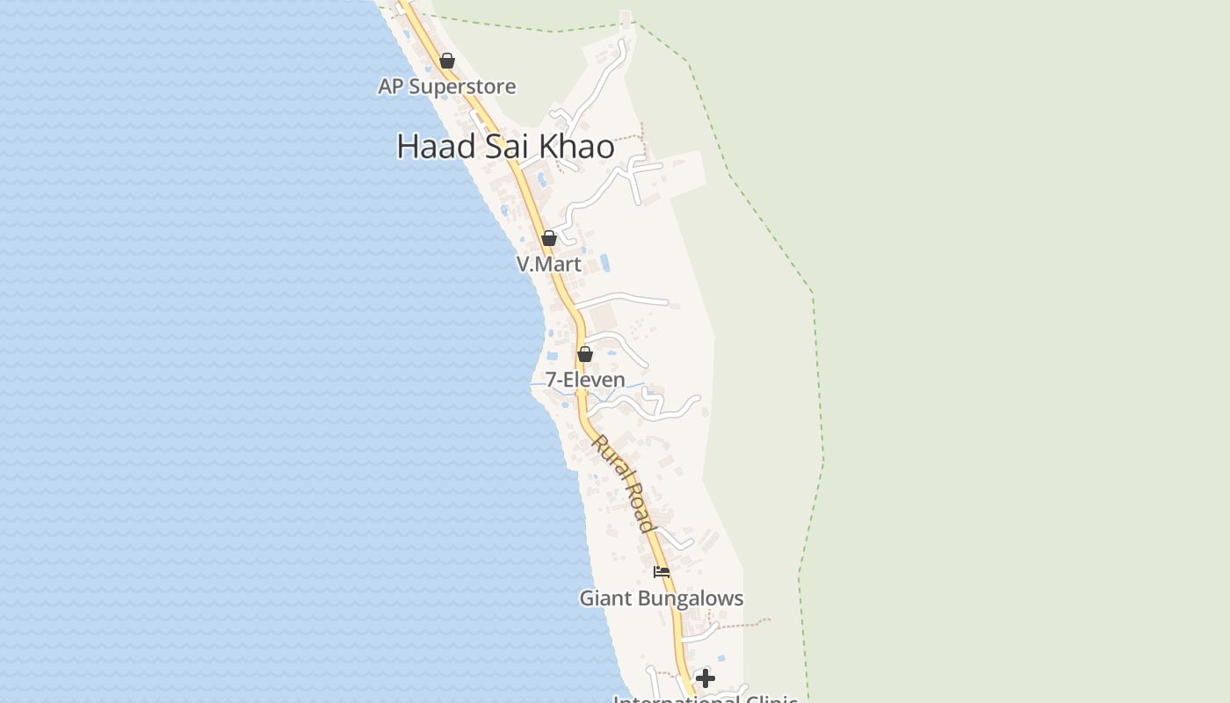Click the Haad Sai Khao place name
(505, 146)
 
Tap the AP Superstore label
(446, 86)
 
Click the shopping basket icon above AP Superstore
(447, 61)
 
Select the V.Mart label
(548, 264)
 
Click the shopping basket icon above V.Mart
(549, 238)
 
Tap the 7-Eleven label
(585, 380)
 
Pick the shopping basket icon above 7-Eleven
(585, 354)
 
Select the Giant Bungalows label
(661, 598)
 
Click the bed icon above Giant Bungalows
(662, 572)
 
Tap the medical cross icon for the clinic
(705, 678)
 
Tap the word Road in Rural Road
(639, 508)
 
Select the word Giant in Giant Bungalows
(604, 598)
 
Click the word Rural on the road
(609, 457)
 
